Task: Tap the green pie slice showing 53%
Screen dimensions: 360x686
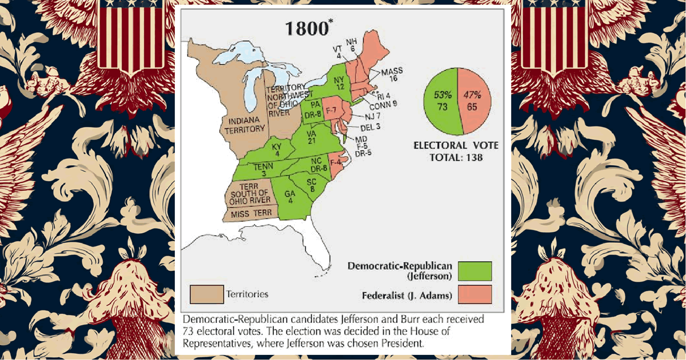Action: coord(442,102)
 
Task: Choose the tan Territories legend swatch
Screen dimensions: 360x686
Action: coord(206,294)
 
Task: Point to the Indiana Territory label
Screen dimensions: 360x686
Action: coord(243,126)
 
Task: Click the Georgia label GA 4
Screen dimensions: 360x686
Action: coord(290,197)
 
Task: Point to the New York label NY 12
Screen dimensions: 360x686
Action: coord(340,82)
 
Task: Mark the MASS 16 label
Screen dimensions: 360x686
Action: coord(392,74)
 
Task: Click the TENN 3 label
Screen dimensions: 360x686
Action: coord(260,170)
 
